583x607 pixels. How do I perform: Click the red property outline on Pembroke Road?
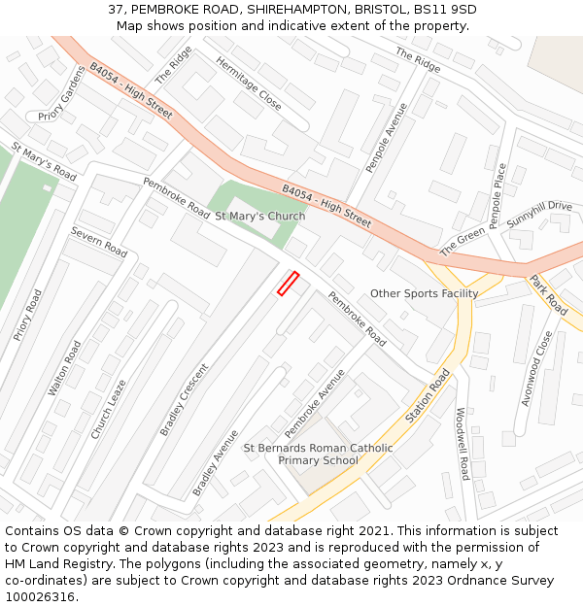288,284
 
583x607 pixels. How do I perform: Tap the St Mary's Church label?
259,216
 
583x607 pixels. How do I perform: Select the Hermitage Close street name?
249,84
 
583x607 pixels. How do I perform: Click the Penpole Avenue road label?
387,137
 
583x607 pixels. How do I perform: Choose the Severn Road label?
99,242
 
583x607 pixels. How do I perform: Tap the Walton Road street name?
65,368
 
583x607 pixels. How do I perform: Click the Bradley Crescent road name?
185,399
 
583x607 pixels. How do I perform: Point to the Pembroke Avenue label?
315,403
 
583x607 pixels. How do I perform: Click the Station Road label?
429,395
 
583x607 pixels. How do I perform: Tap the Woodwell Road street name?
463,444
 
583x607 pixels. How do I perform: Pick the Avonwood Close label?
536,368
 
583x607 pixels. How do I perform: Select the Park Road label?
549,294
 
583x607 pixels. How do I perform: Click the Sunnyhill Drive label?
539,213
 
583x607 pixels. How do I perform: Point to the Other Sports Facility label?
424,293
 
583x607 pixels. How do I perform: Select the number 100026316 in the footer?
40,596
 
